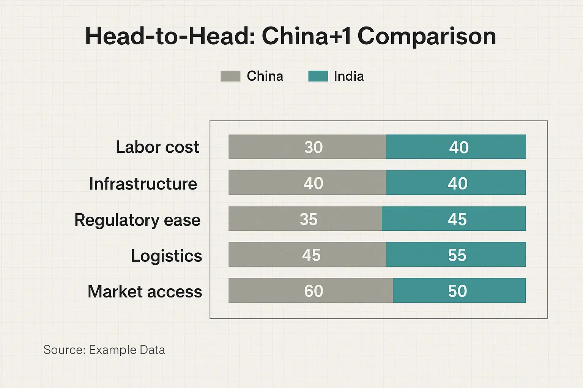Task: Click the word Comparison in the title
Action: click(x=427, y=37)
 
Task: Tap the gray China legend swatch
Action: click(x=230, y=76)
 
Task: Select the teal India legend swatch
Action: click(x=318, y=76)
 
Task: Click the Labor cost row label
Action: click(x=157, y=147)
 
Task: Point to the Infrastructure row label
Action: click(x=143, y=184)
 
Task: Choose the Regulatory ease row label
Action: click(x=137, y=220)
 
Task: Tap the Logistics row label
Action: click(x=166, y=256)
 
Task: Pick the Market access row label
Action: click(x=145, y=292)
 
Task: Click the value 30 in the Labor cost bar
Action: click(x=314, y=147)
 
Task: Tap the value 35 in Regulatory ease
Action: click(x=308, y=219)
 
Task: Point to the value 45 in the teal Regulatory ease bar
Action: click(x=457, y=219)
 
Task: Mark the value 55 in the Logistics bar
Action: click(x=457, y=255)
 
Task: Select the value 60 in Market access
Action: click(x=314, y=291)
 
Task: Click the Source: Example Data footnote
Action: click(x=104, y=350)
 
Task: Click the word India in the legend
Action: click(x=348, y=76)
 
